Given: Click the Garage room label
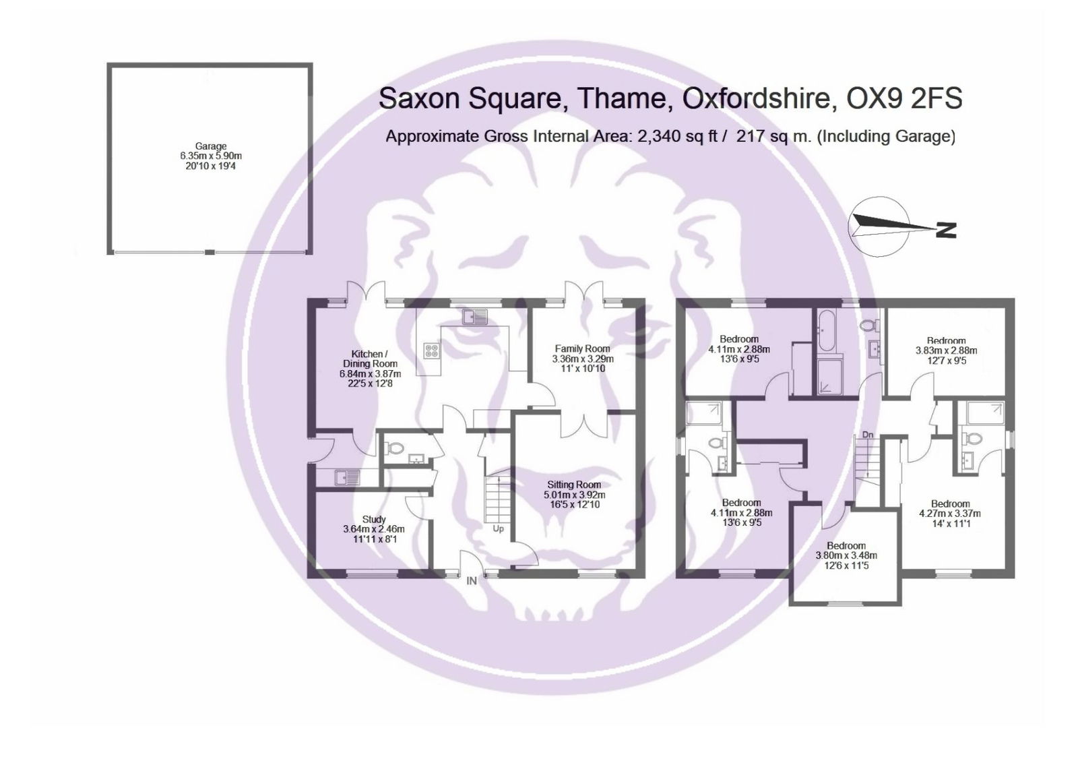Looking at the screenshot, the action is pyautogui.click(x=211, y=146).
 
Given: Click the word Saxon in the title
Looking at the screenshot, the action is pyautogui.click(x=420, y=98).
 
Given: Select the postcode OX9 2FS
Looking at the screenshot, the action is pyautogui.click(x=904, y=98).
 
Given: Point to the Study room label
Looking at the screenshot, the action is pyautogui.click(x=374, y=520).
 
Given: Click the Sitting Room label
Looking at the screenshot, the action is pyautogui.click(x=574, y=485).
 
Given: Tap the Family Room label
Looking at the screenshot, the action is pyautogui.click(x=582, y=348).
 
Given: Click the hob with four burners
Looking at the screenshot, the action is pyautogui.click(x=432, y=350).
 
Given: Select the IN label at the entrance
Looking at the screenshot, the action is pyautogui.click(x=472, y=581).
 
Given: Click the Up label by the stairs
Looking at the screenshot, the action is pyautogui.click(x=498, y=528).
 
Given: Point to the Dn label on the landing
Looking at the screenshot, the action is pyautogui.click(x=868, y=435).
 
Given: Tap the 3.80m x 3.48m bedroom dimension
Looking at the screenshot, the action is pyautogui.click(x=846, y=555).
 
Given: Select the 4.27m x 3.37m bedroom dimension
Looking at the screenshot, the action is pyautogui.click(x=950, y=514).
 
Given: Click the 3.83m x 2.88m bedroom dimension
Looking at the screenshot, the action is pyautogui.click(x=946, y=351).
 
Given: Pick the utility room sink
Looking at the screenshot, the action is pyautogui.click(x=347, y=477).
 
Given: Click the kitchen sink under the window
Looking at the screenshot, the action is pyautogui.click(x=474, y=317).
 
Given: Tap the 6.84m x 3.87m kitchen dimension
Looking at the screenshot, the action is pyautogui.click(x=370, y=373).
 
